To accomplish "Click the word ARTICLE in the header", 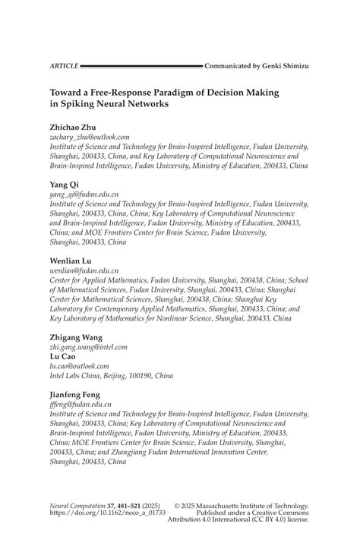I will pos(64,66).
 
